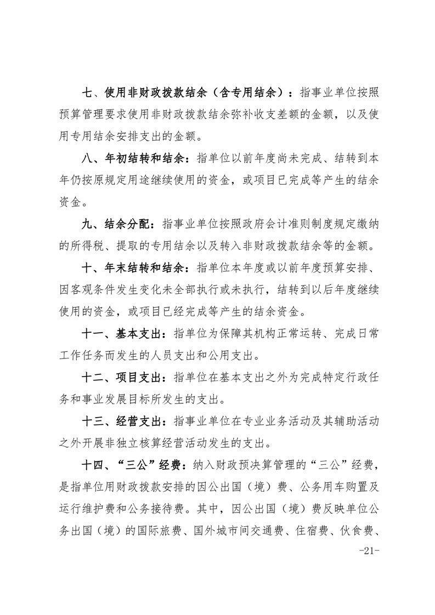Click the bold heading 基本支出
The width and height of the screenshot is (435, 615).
pyautogui.click(x=137, y=333)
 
